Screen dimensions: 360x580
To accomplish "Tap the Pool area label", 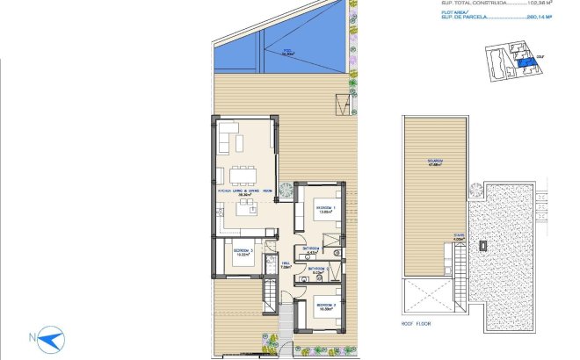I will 286,52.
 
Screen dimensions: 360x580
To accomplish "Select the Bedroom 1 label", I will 326,209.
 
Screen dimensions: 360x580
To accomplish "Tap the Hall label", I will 285,265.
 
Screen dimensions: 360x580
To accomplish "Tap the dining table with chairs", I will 242,172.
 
